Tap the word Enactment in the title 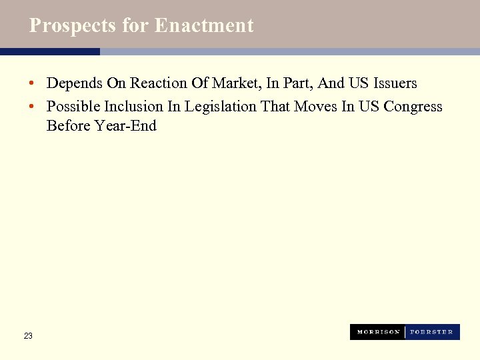(x=204, y=25)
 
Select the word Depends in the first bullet (x=75, y=83)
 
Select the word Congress (x=413, y=107)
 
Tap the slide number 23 (x=28, y=336)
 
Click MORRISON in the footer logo (x=378, y=332)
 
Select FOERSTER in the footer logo (x=432, y=332)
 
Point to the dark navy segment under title (x=50, y=51)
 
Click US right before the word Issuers (x=355, y=83)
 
